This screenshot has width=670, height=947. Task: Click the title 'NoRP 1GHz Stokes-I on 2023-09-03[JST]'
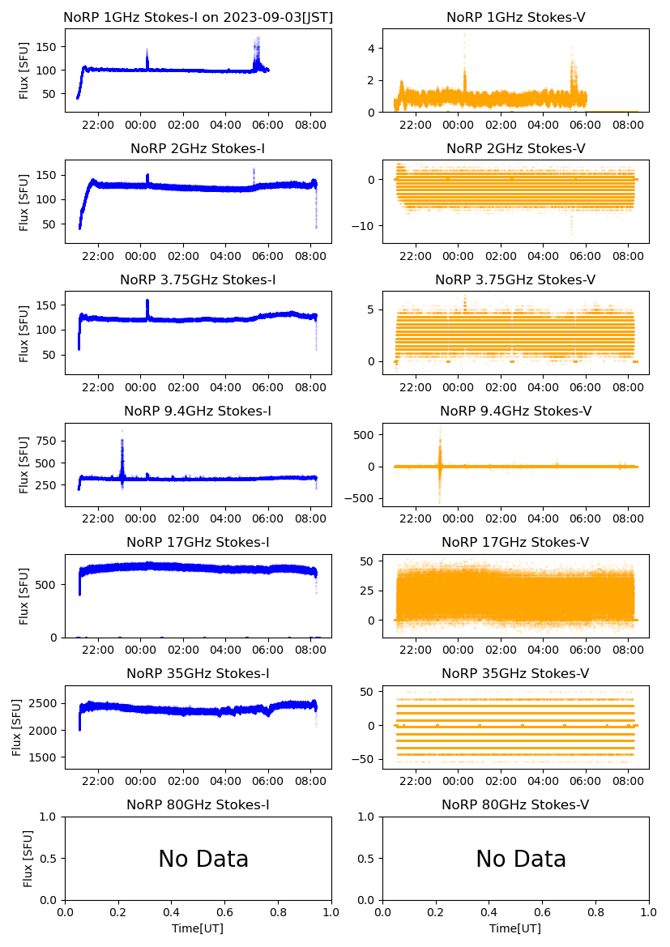click(198, 18)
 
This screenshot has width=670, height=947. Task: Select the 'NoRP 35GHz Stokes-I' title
click(198, 674)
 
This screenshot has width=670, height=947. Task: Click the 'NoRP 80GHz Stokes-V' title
click(515, 805)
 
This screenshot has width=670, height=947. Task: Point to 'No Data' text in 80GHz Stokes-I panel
click(203, 859)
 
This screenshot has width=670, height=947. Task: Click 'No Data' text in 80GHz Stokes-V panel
click(521, 859)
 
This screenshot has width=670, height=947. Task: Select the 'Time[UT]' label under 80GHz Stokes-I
click(198, 928)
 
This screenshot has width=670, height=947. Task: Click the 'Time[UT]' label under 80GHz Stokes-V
click(515, 928)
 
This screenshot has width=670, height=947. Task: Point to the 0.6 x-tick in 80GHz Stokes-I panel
click(224, 911)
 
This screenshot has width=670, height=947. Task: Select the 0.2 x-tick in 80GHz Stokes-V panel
click(436, 911)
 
